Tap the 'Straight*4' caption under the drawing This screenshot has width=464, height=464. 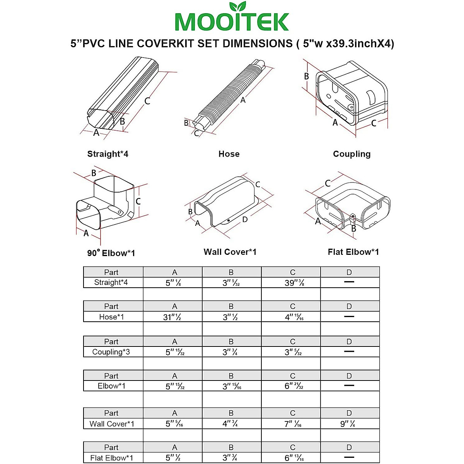tap(107, 154)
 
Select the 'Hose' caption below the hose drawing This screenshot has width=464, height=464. tap(229, 154)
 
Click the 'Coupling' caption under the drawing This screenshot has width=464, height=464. tap(351, 154)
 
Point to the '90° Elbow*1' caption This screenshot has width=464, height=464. tap(111, 253)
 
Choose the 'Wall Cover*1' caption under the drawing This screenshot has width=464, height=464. tap(230, 252)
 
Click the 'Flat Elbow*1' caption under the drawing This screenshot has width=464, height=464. tap(353, 252)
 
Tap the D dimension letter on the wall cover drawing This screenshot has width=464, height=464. tap(245, 220)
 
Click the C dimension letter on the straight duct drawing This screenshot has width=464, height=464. tap(147, 101)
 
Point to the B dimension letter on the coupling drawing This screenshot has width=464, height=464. tap(306, 76)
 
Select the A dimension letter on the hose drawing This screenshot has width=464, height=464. tap(243, 100)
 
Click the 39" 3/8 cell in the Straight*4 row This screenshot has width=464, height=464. tap(294, 283)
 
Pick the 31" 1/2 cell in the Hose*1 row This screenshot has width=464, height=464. tap(172, 317)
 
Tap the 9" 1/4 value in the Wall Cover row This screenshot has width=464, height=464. tap(348, 424)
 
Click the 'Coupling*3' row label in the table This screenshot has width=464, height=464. tap(111, 352)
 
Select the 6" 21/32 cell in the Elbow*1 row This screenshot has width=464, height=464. tap(294, 386)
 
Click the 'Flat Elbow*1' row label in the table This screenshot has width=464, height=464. tap(112, 458)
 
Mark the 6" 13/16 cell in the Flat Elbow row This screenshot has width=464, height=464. tap(294, 458)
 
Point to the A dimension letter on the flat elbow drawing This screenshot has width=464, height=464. tap(318, 221)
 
